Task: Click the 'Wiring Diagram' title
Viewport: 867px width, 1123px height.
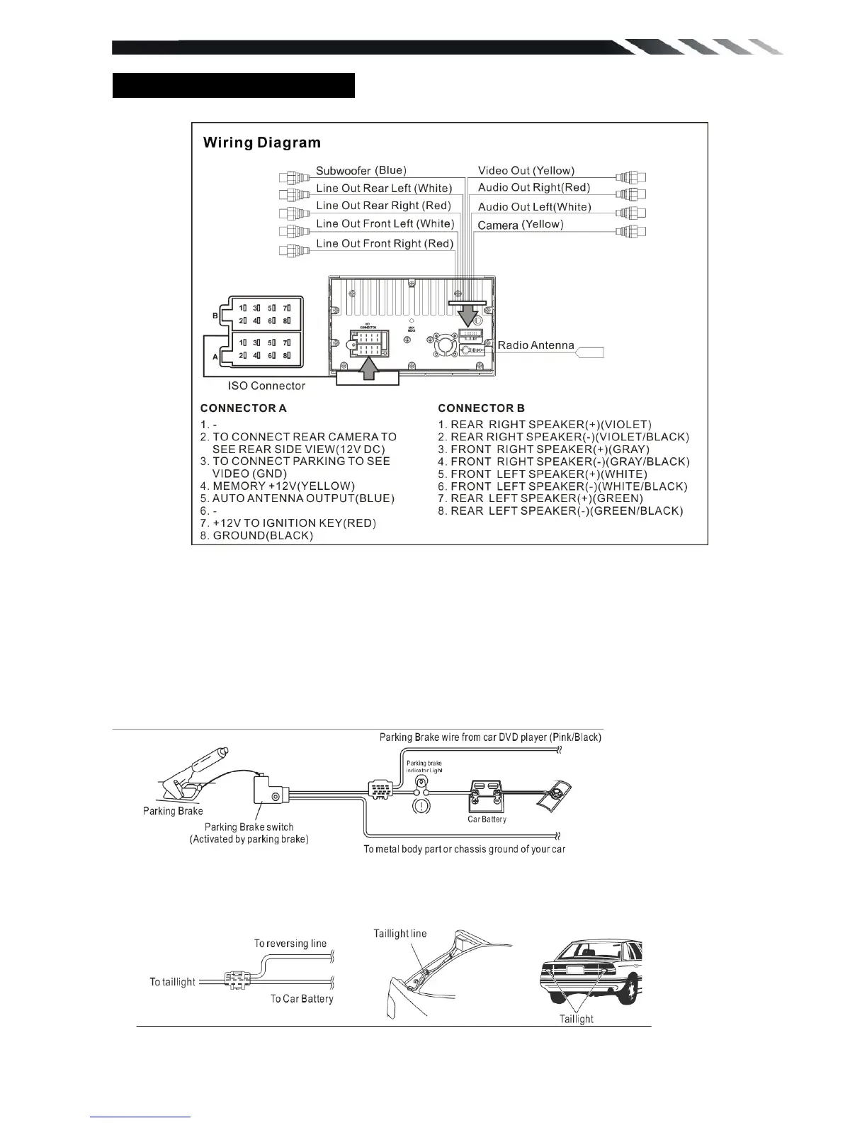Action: click(x=261, y=143)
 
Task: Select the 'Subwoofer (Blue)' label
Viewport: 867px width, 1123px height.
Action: click(x=361, y=170)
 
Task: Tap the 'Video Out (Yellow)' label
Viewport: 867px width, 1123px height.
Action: click(x=526, y=170)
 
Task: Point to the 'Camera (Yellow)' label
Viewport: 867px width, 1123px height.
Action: click(x=520, y=225)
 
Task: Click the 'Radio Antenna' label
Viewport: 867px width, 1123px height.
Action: click(x=535, y=345)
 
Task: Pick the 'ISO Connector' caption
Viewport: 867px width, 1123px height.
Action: click(x=266, y=386)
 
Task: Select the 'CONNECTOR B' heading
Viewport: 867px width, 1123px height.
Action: click(x=481, y=408)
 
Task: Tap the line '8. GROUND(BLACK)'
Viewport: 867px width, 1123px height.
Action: click(x=256, y=535)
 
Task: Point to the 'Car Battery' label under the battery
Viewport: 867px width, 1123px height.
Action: click(x=487, y=819)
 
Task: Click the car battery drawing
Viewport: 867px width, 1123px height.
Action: click(x=487, y=796)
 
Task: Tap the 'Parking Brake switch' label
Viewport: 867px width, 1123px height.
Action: click(x=249, y=827)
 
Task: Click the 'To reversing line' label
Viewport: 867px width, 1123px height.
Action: click(x=290, y=944)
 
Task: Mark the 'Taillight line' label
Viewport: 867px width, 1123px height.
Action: click(x=400, y=934)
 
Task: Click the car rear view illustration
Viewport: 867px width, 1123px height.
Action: click(x=591, y=971)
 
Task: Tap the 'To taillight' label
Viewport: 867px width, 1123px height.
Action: click(x=172, y=982)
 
